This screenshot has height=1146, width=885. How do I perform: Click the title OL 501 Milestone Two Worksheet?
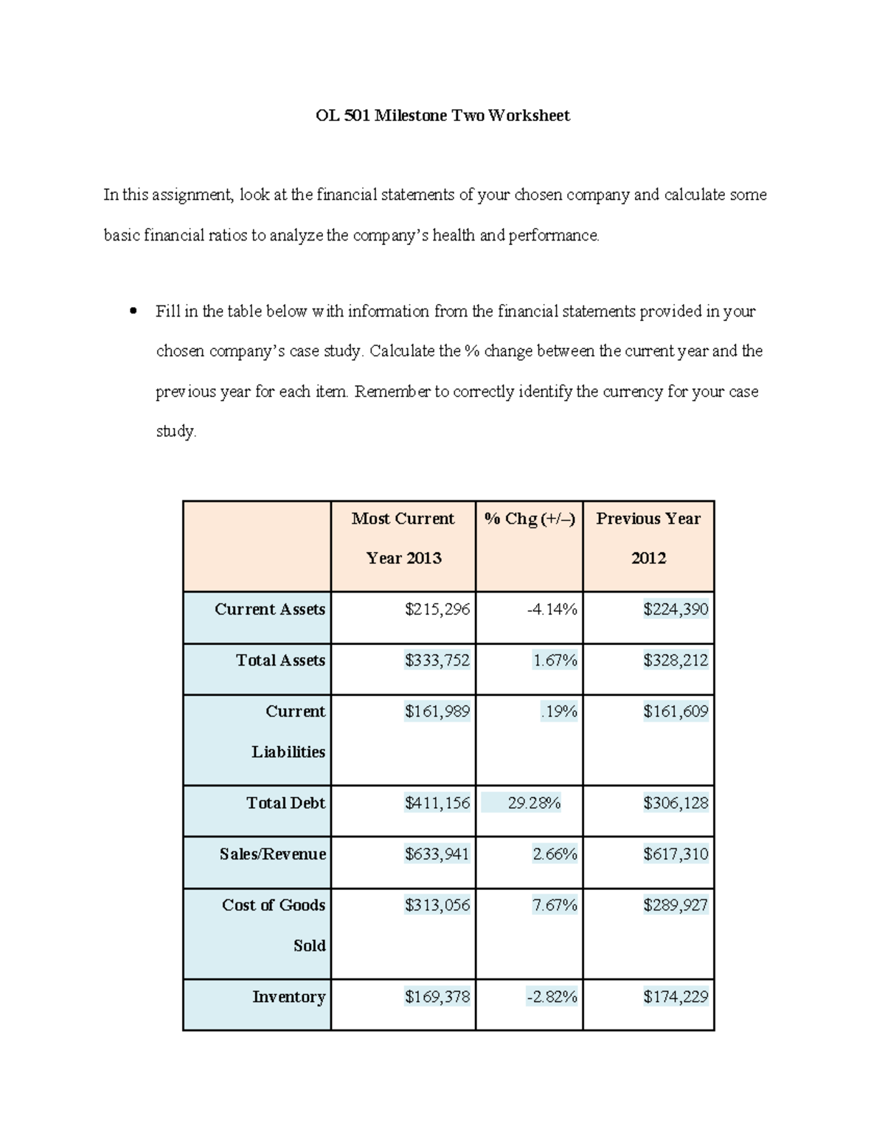point(442,116)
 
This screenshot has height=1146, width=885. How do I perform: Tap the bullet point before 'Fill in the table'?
point(133,311)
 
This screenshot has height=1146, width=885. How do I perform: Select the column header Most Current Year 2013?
point(403,538)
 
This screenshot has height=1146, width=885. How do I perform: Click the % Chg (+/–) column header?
point(529,519)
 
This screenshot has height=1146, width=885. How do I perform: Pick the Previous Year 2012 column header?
point(648,538)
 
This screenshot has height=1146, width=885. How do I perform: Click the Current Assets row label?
point(270,610)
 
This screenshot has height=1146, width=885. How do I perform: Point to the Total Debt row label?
point(285,803)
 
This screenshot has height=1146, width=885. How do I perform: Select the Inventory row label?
point(288,997)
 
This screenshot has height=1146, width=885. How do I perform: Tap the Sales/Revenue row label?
point(272,854)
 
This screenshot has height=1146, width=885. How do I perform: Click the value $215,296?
point(437,610)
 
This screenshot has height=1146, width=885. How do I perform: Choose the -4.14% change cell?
point(552,610)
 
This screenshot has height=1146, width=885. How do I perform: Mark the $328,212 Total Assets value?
point(675,660)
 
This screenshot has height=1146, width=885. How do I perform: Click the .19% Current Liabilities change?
point(558,711)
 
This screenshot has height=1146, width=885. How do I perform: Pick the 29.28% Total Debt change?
point(534,803)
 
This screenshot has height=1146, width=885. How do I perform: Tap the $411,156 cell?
point(437,803)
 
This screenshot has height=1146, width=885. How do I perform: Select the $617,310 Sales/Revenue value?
point(675,854)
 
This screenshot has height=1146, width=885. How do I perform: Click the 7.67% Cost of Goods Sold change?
point(555,905)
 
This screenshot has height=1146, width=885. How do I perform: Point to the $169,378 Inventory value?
point(437,997)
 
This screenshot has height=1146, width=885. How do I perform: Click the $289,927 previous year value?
point(675,905)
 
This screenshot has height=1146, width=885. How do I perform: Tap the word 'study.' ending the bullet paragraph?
point(176,431)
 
